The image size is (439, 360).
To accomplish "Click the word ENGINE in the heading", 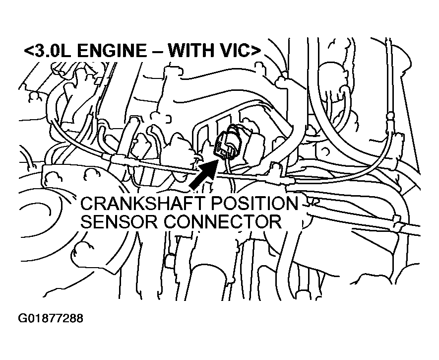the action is pos(111,51).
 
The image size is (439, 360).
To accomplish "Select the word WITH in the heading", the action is pos(188,51).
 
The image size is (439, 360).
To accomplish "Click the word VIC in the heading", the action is pos(231,51).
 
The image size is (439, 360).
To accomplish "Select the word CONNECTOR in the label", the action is pos(223,222).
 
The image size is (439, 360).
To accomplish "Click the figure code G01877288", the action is pos(51,318).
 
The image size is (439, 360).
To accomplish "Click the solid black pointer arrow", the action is pos(202,174).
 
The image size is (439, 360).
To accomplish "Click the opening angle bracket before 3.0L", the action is pos(29,51).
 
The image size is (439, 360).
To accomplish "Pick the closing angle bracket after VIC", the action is pos(255,51).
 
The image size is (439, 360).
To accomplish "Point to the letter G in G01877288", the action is pos(22,318).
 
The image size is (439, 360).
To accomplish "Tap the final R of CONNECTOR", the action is pos(275,222).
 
